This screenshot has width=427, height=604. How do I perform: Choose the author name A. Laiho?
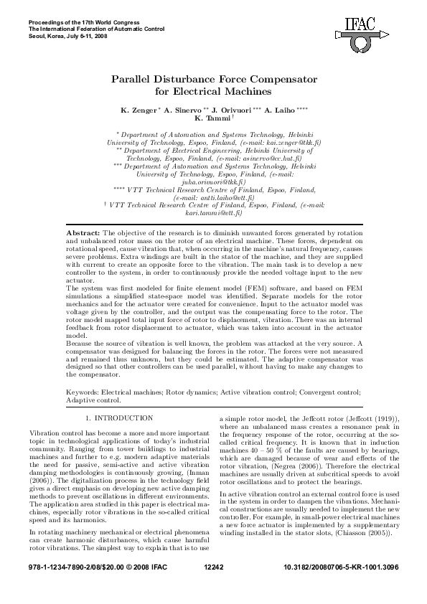click(279, 111)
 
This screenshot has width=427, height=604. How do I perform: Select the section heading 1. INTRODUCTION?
click(119, 417)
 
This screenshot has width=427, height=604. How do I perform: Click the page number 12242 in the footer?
click(214, 586)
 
